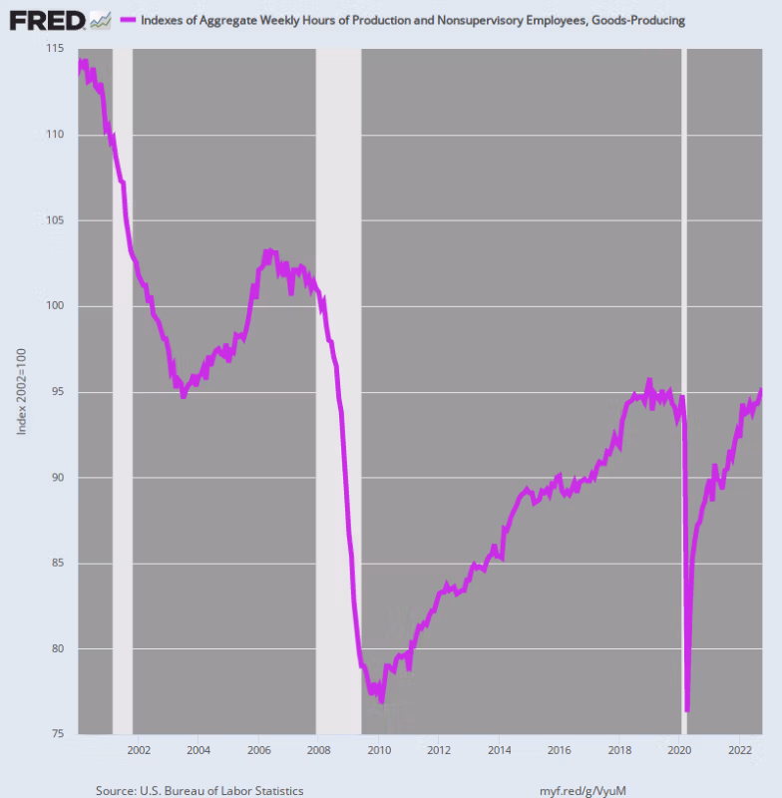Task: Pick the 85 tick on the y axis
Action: pos(55,564)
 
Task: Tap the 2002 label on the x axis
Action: pos(139,750)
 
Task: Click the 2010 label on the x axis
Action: pos(379,750)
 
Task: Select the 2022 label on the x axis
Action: pos(739,750)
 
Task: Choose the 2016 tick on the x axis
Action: pos(560,750)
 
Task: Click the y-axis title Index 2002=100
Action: pos(21,391)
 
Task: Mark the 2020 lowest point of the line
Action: pos(687,710)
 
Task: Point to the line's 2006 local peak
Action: pos(266,250)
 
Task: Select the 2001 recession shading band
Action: pos(122,399)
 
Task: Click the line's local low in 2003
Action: pos(183,396)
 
